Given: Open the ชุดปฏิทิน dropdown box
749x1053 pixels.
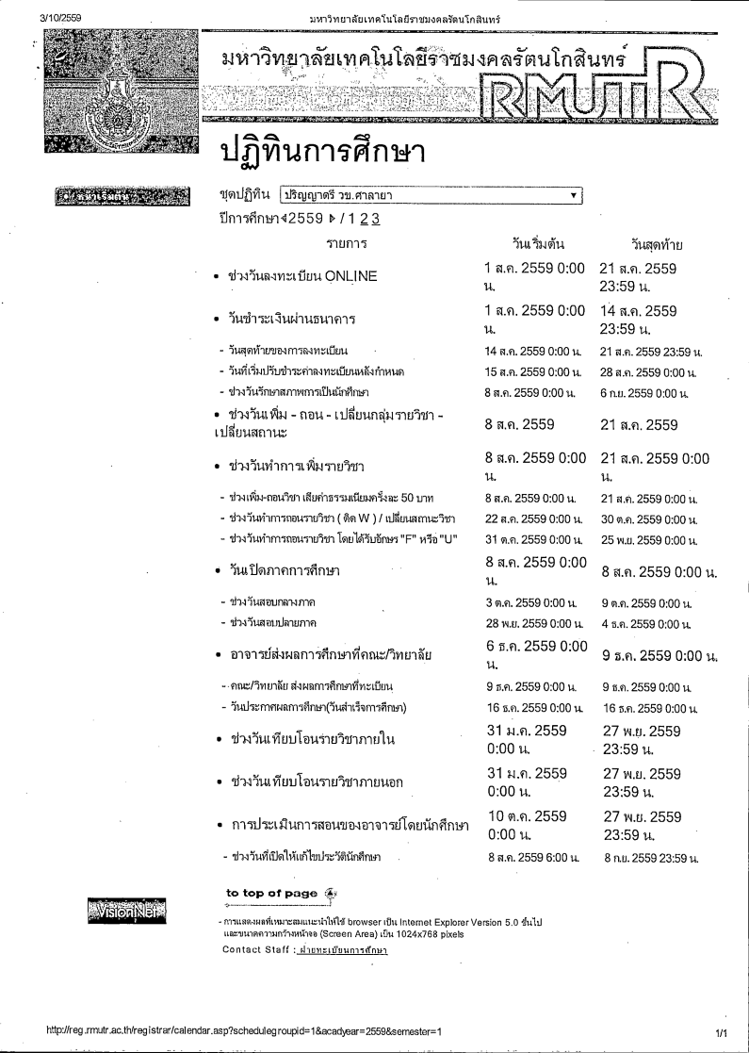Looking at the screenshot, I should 431,196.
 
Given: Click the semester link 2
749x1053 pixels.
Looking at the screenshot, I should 363,219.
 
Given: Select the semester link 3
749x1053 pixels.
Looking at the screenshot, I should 376,219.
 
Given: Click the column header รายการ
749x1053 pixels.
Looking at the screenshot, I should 346,244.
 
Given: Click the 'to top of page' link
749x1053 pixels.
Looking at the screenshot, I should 272,893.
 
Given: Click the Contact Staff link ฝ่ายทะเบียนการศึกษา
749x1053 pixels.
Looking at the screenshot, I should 341,949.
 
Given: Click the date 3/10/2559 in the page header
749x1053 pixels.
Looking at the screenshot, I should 61,18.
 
